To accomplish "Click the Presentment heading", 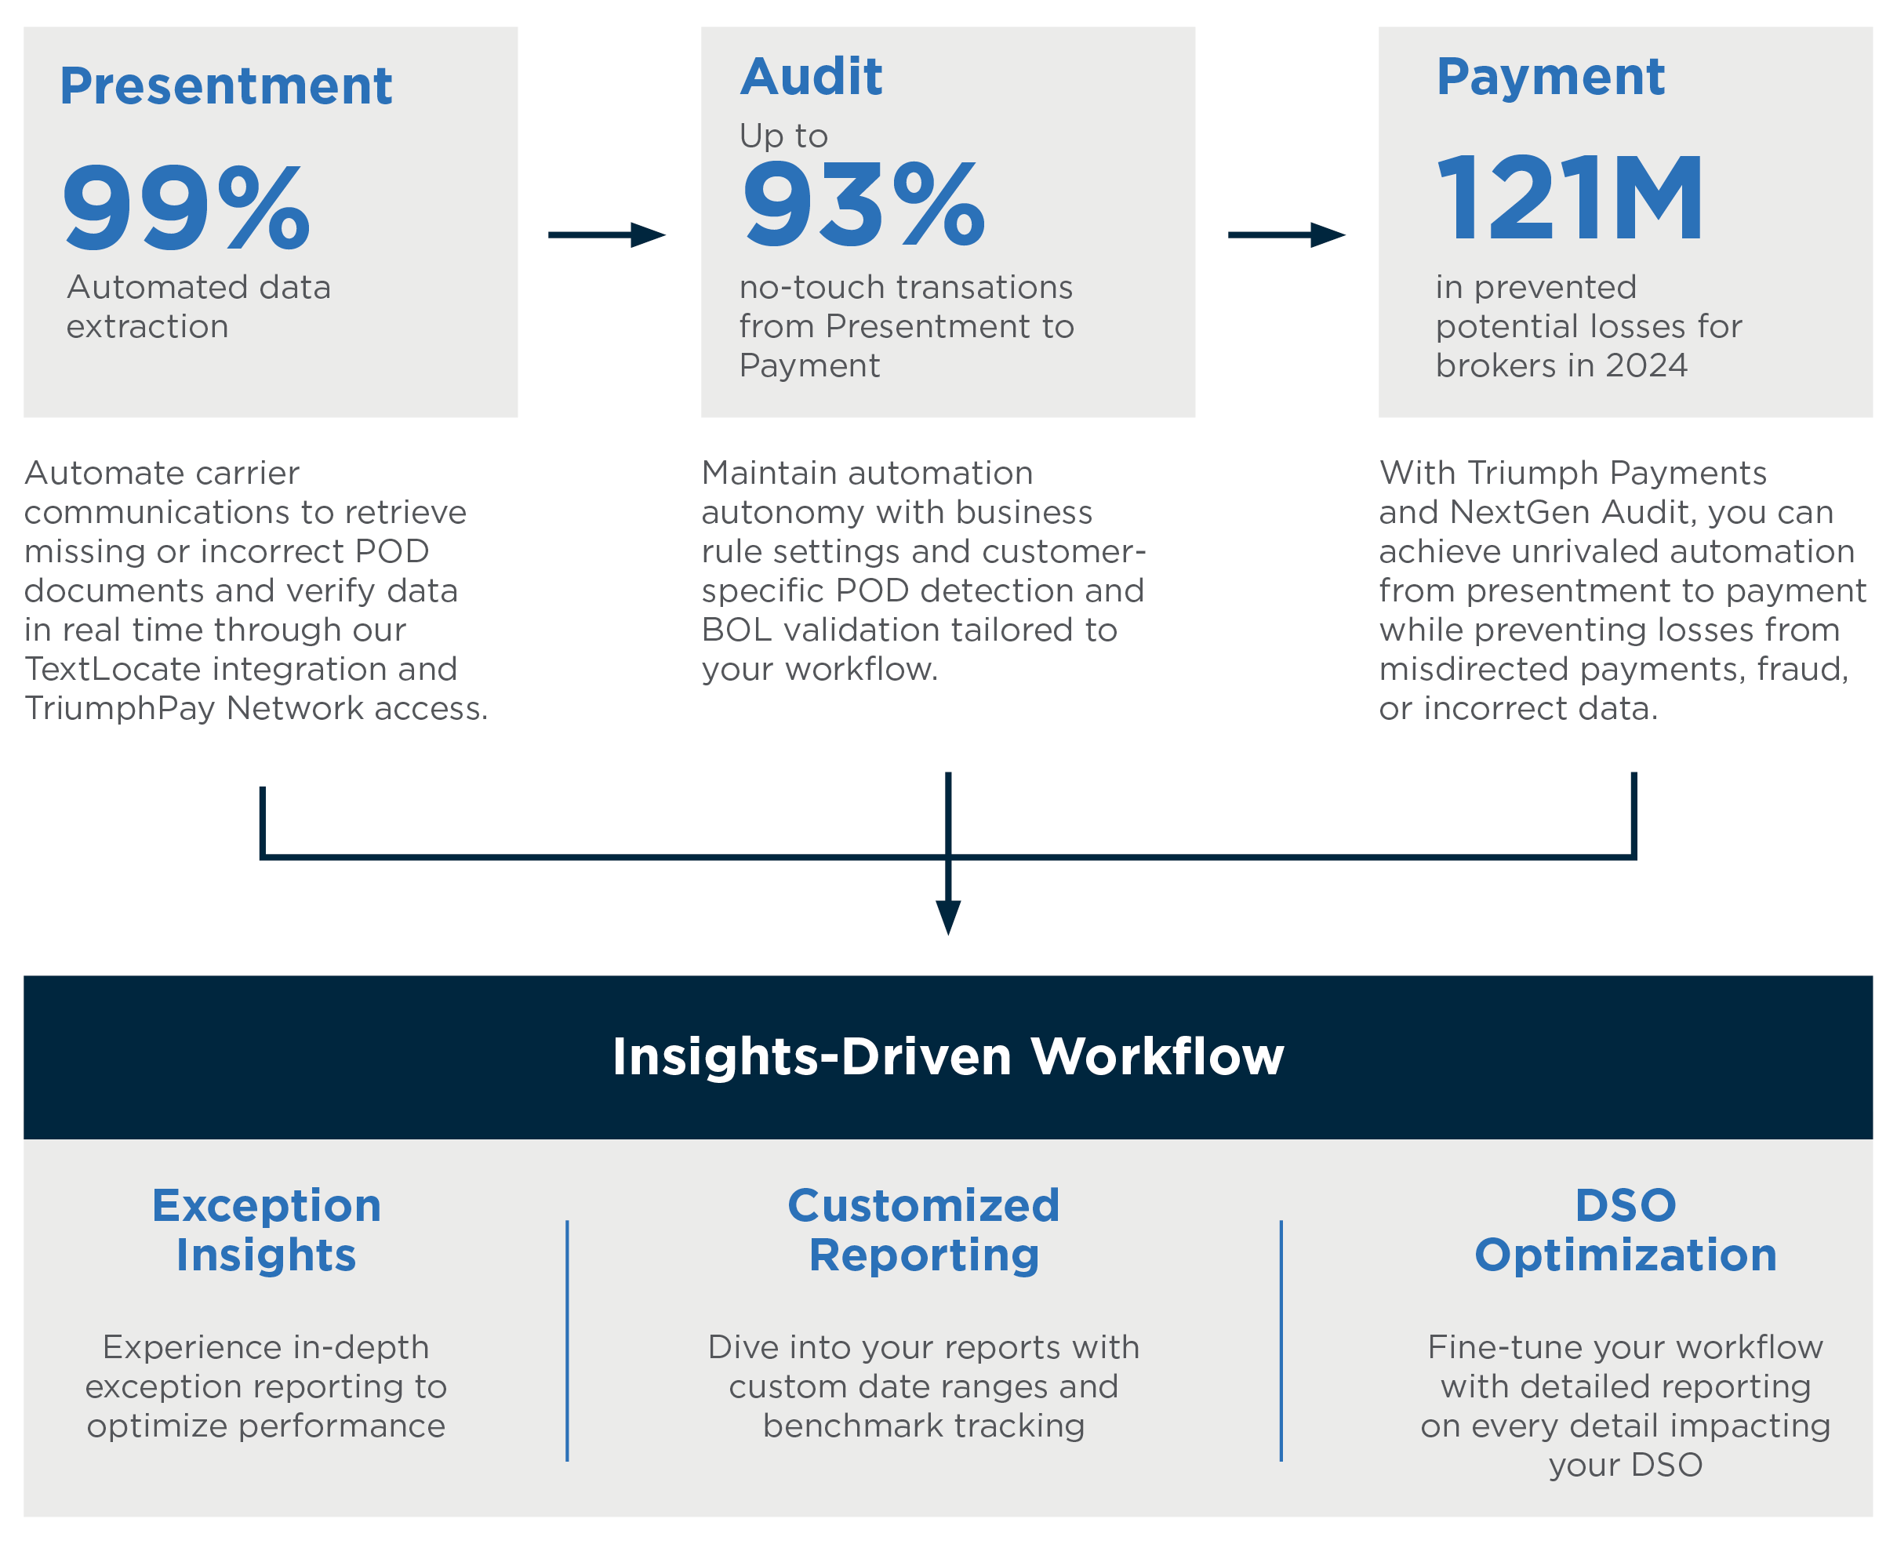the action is [226, 86].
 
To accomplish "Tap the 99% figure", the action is [187, 207].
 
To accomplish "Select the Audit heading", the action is [811, 77].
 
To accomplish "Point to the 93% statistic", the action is [864, 204].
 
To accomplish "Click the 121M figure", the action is [1570, 198].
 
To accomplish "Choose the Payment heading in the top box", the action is [1550, 77].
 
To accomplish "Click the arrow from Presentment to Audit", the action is [606, 234].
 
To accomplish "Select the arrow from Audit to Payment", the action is [1286, 234].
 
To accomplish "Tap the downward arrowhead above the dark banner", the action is [948, 917].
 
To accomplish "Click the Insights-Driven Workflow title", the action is [948, 1055].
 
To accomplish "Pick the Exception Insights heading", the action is [266, 1230].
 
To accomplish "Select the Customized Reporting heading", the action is [923, 1230].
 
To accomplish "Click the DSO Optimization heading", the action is [1625, 1230].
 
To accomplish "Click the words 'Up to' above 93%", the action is [783, 136].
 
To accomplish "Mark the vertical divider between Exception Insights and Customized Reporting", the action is [566, 1340].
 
